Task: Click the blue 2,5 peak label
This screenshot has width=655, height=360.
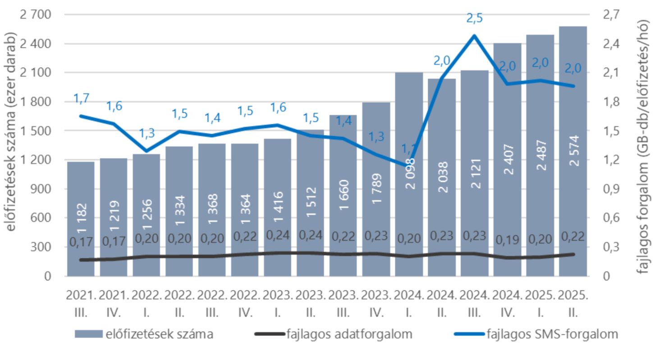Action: click(474, 18)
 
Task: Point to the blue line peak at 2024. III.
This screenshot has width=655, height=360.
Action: click(474, 36)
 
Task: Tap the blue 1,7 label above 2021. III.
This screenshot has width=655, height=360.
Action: click(82, 98)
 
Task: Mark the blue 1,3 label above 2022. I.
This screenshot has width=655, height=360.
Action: click(147, 134)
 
